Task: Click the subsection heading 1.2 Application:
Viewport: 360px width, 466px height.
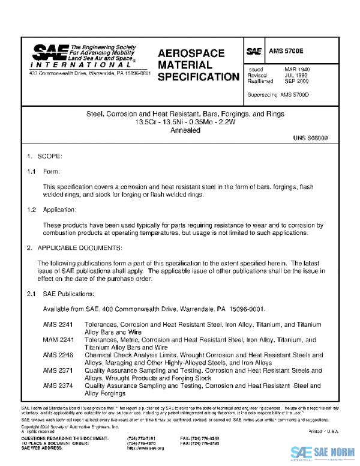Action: pyautogui.click(x=51, y=210)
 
